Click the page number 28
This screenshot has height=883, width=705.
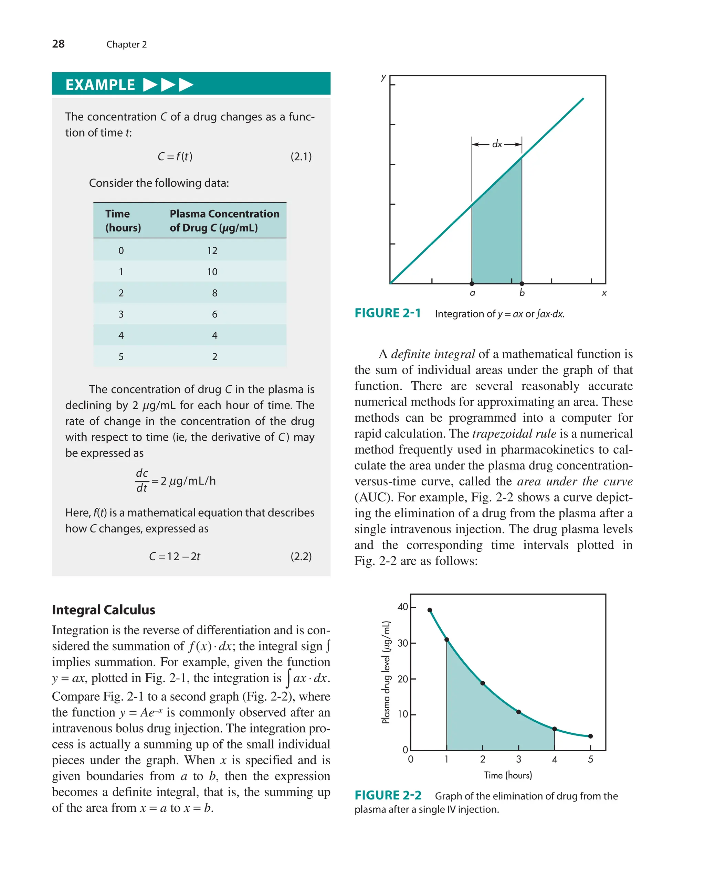58,44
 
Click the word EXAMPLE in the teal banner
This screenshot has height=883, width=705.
100,85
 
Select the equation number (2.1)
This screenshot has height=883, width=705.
301,157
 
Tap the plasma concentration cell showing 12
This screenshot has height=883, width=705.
212,250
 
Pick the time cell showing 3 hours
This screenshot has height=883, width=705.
121,314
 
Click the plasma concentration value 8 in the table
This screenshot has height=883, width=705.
214,293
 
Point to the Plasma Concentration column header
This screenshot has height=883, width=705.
224,220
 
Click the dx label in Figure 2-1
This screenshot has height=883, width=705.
497,144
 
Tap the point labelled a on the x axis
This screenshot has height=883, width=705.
472,283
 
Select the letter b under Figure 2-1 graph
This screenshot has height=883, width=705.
522,293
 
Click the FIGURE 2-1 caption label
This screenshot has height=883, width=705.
387,313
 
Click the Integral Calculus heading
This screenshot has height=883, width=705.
103,610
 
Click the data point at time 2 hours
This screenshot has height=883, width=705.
482,683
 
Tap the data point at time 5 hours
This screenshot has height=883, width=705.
590,736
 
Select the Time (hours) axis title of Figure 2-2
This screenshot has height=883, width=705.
508,775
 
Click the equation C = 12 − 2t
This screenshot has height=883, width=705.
175,556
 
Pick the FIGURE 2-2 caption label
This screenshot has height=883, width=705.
388,795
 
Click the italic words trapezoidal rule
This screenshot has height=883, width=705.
514,433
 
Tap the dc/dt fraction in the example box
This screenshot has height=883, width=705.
142,481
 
